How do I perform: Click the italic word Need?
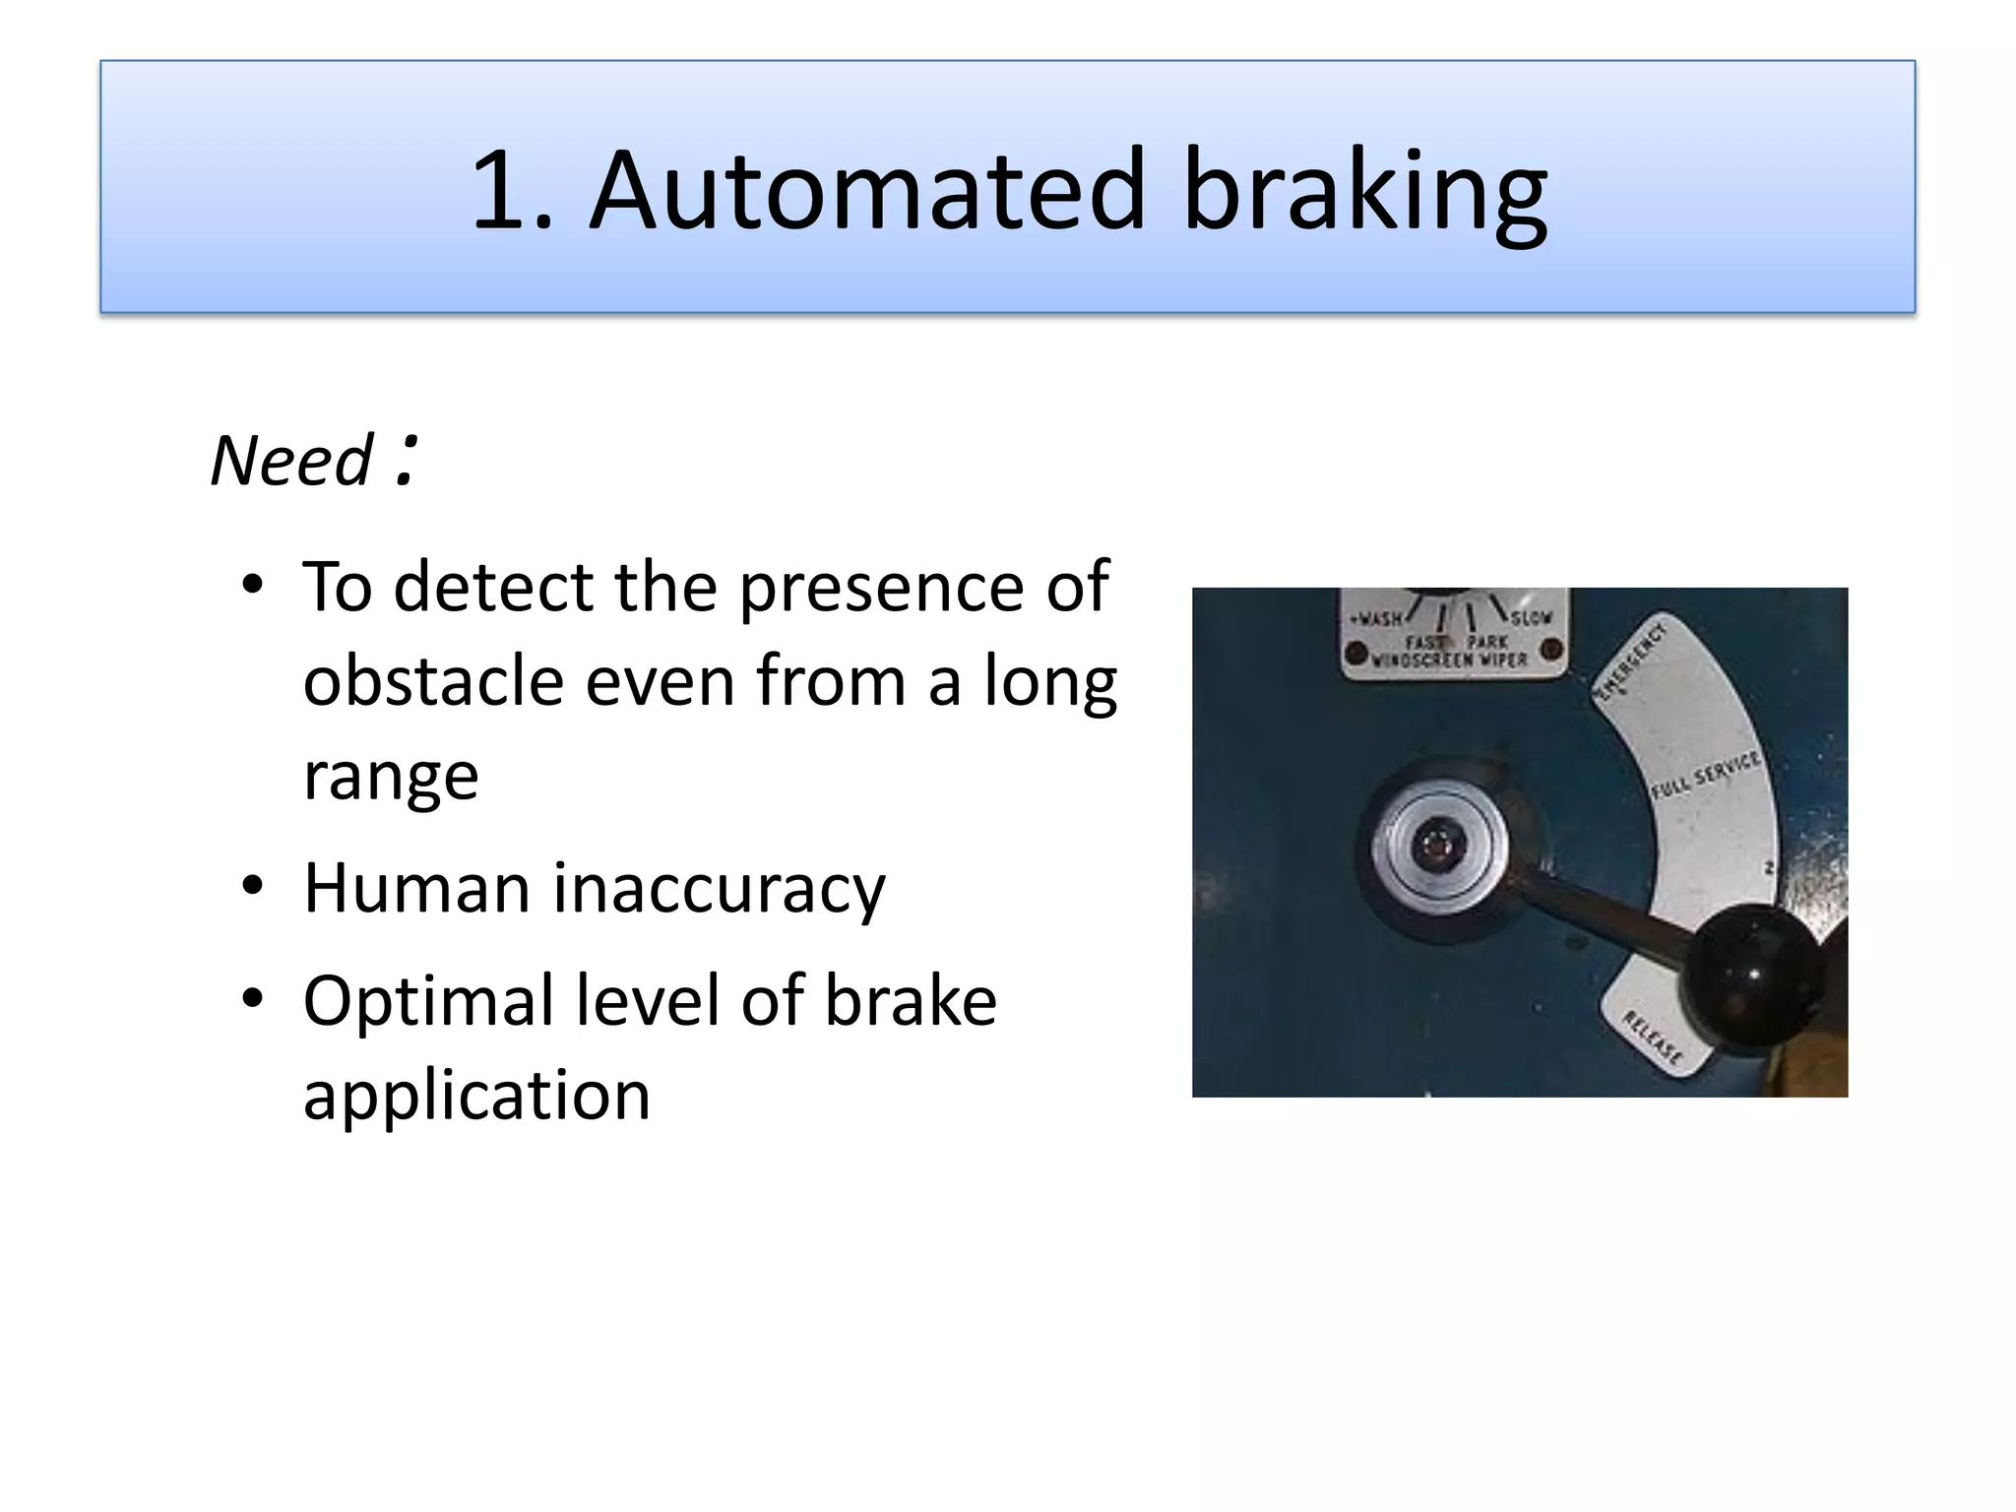coord(291,461)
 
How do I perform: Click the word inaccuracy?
coord(719,890)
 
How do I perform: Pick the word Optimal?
coord(427,1001)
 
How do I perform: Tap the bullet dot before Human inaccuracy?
coord(253,886)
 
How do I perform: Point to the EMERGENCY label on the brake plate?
coord(1630,661)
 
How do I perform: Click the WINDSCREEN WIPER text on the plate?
coord(1449,660)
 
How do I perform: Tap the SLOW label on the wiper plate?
coord(1532,618)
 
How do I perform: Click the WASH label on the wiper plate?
coord(1377,619)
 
